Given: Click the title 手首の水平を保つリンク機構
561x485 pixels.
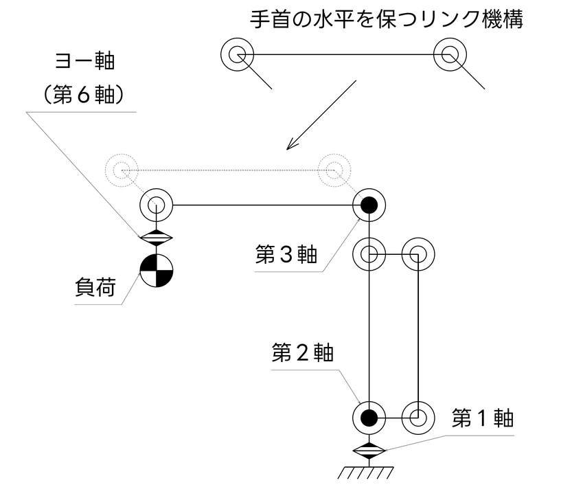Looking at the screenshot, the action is (387, 19).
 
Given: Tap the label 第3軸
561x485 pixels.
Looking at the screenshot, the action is (286, 254).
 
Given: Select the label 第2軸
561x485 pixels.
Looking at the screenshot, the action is (303, 352).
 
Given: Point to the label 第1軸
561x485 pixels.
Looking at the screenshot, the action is (483, 418).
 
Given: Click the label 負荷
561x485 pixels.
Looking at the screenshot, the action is (95, 286).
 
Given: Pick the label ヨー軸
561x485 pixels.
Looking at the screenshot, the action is (84, 61).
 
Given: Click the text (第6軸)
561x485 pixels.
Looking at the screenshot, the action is (84, 95).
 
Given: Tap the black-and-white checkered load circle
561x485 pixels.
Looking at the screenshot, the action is (157, 271).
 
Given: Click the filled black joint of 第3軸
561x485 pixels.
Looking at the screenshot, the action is (369, 205).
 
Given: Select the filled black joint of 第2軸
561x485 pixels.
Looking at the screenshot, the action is (369, 418).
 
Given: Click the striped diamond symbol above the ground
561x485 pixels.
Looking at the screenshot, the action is (369, 450).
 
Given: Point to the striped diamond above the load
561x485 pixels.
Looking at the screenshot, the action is (157, 238).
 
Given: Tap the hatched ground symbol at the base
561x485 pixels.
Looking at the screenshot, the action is (366, 473).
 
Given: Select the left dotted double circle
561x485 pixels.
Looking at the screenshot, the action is (122, 170).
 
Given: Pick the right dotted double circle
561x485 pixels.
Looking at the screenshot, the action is (334, 170).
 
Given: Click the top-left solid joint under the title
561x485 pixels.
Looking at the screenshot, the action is (237, 55).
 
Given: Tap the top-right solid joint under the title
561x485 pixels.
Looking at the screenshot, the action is (450, 55).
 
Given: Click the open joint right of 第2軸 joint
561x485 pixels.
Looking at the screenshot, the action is (418, 418).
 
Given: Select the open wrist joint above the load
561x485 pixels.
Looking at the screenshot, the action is (157, 205).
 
